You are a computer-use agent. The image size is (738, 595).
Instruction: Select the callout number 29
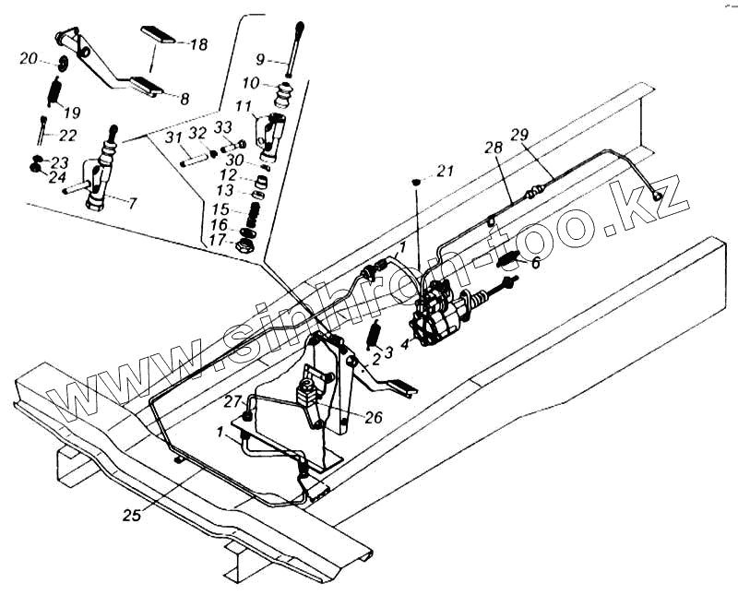tap(519, 135)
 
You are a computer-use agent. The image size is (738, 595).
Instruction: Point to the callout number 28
tap(493, 149)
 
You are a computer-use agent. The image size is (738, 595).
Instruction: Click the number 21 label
tap(446, 171)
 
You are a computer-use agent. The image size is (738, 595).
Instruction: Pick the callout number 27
tap(232, 401)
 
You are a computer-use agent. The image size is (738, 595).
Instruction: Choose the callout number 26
tap(373, 417)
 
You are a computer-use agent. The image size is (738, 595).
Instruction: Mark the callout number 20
tap(28, 59)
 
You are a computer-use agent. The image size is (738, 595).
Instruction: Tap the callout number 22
tap(67, 135)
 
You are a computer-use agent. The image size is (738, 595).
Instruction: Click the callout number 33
tap(223, 127)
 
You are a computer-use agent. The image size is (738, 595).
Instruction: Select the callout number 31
tap(175, 138)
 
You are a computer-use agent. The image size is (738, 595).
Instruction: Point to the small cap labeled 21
tap(418, 181)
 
